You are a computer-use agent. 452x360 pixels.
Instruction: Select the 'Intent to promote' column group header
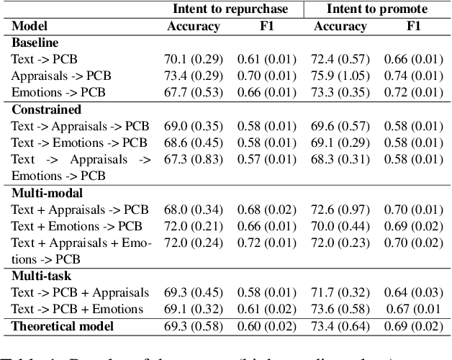(x=377, y=9)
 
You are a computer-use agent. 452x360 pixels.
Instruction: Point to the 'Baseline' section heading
(x=35, y=42)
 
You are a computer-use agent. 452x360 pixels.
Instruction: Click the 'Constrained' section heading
(x=46, y=109)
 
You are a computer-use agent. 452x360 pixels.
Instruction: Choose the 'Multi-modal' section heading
(x=47, y=193)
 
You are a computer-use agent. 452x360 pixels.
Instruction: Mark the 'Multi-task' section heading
(x=41, y=276)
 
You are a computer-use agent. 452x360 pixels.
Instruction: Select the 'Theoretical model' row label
(x=62, y=326)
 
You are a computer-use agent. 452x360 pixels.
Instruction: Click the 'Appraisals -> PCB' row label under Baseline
(x=61, y=76)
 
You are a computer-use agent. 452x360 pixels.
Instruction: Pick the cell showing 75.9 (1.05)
(x=341, y=76)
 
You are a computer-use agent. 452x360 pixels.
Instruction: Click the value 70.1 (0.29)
(x=193, y=59)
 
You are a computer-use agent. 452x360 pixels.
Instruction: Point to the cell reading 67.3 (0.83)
(x=193, y=159)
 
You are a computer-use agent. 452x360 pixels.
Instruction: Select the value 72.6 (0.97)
(x=341, y=210)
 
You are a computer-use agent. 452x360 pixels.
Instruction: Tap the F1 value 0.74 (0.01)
(x=413, y=76)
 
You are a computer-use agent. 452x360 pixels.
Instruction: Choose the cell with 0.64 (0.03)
(x=413, y=293)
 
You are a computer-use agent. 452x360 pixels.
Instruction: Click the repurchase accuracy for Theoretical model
(x=193, y=326)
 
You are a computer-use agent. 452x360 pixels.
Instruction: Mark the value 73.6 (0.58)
(x=341, y=310)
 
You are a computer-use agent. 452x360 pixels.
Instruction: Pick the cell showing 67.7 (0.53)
(x=193, y=92)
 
